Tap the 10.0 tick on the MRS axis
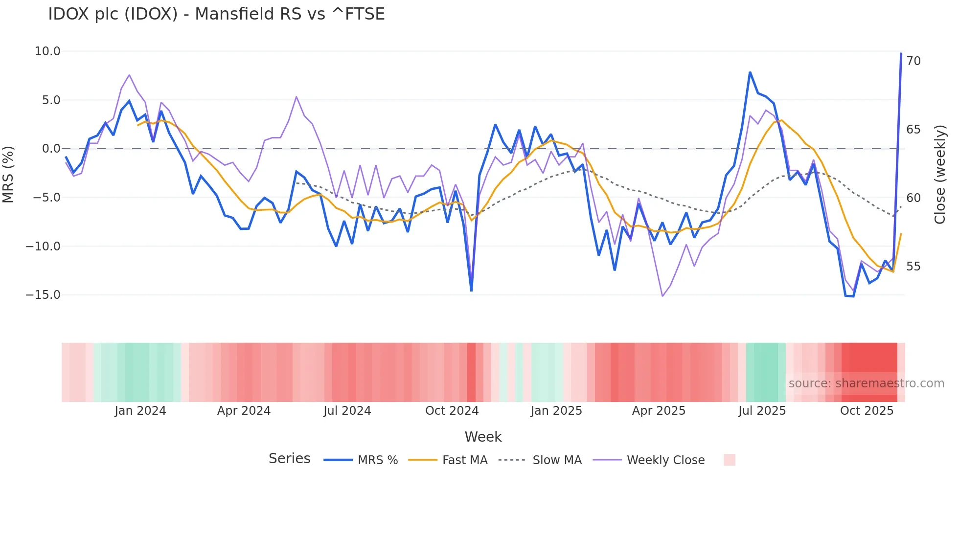click(47, 51)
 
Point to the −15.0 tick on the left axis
click(43, 295)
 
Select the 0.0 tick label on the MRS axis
click(51, 149)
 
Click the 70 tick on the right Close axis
click(913, 61)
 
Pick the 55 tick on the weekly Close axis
click(913, 267)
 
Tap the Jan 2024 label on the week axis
click(140, 411)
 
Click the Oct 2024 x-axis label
click(452, 411)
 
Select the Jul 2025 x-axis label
click(762, 411)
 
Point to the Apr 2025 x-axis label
click(659, 411)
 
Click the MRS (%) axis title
click(8, 174)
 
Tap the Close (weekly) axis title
click(940, 175)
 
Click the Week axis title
click(483, 437)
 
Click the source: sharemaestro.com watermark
click(866, 383)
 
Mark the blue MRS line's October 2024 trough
click(471, 291)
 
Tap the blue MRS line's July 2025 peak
click(750, 73)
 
